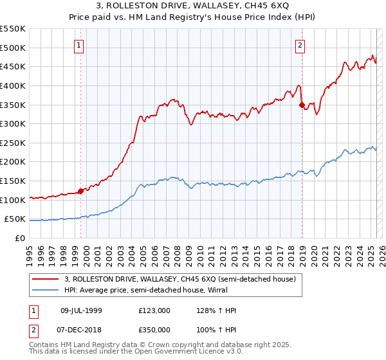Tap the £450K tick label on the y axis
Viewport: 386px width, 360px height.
point(13,66)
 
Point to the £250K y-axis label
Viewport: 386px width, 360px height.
point(13,143)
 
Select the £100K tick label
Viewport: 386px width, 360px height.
point(13,200)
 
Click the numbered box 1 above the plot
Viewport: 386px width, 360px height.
point(78,45)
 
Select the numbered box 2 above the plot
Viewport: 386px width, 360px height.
point(300,45)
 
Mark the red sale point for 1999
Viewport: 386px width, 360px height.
point(80,190)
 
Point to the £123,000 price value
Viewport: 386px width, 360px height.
point(154,310)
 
